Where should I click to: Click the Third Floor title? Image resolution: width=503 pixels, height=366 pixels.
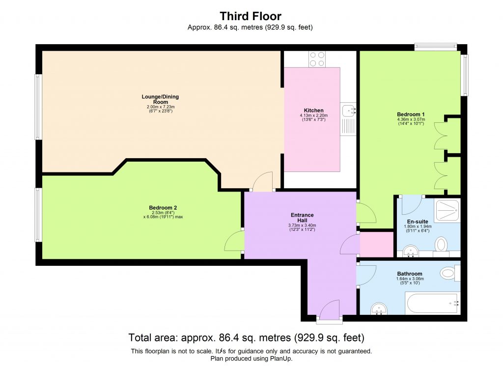click(x=251, y=16)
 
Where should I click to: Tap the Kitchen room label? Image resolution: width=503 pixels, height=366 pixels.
click(x=313, y=110)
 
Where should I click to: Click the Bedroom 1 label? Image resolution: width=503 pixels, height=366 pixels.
click(x=411, y=114)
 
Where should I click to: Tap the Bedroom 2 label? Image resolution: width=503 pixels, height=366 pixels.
click(x=163, y=207)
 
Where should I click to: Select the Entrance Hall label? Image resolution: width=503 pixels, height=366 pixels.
click(x=302, y=218)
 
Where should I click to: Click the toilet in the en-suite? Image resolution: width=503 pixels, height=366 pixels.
click(x=442, y=244)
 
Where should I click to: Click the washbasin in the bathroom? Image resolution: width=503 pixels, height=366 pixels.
click(x=379, y=309)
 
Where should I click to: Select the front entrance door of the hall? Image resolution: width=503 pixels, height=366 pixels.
click(x=329, y=311)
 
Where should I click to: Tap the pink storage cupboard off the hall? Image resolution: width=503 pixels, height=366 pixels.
click(x=377, y=244)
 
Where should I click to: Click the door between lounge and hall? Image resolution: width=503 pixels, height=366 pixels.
click(x=263, y=181)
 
